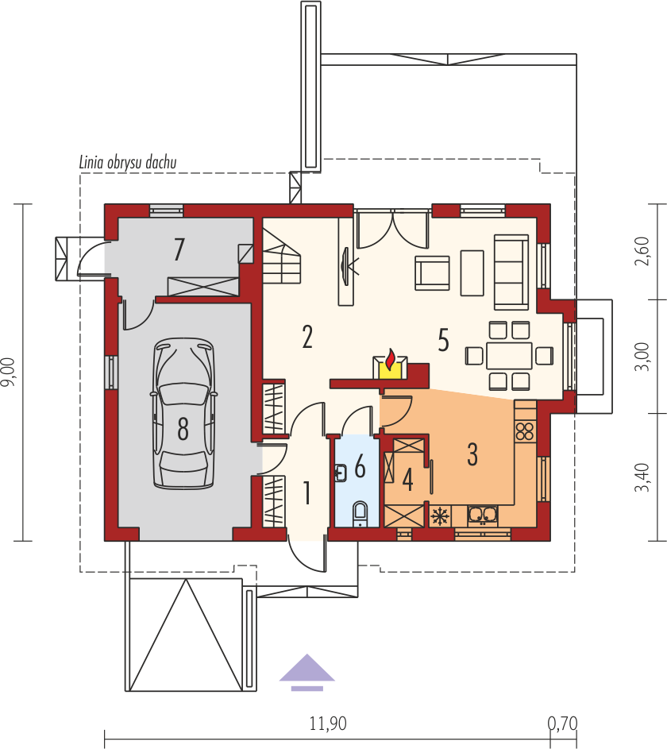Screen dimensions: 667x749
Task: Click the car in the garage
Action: point(183,413)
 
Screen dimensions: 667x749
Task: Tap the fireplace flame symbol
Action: point(391,360)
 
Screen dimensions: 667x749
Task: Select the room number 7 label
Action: point(179,249)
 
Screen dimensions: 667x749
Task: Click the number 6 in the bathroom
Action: point(360,466)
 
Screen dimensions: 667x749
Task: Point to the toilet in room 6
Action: point(360,514)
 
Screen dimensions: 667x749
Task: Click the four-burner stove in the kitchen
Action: point(525,431)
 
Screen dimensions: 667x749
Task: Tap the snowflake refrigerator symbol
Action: point(440,516)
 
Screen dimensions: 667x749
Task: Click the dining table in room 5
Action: point(509,355)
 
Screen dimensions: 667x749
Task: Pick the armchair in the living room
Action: point(432,273)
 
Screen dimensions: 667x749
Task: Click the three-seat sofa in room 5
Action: point(511,272)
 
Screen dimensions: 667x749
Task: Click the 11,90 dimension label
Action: point(328,724)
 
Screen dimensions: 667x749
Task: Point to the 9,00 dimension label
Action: point(10,372)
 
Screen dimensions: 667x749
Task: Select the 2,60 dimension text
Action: point(642,251)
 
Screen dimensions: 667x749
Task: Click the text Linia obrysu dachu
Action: point(128,162)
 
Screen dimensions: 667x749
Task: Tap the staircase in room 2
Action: point(282,256)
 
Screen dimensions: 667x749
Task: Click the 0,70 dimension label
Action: point(562,724)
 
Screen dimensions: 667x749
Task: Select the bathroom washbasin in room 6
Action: point(341,473)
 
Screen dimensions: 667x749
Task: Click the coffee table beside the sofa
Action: point(472,273)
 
